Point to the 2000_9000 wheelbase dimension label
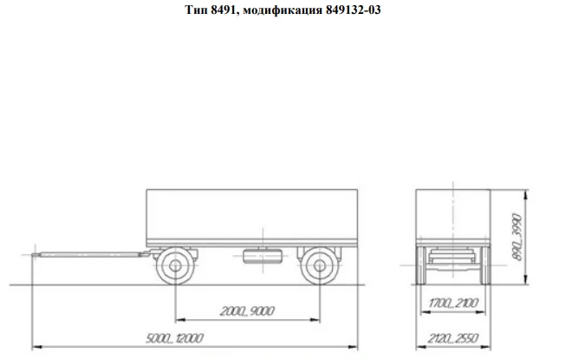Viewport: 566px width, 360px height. (247, 310)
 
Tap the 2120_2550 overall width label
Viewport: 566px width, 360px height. (452, 337)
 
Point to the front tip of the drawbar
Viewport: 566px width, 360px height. (35, 253)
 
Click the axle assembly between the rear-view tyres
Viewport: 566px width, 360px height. (452, 259)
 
